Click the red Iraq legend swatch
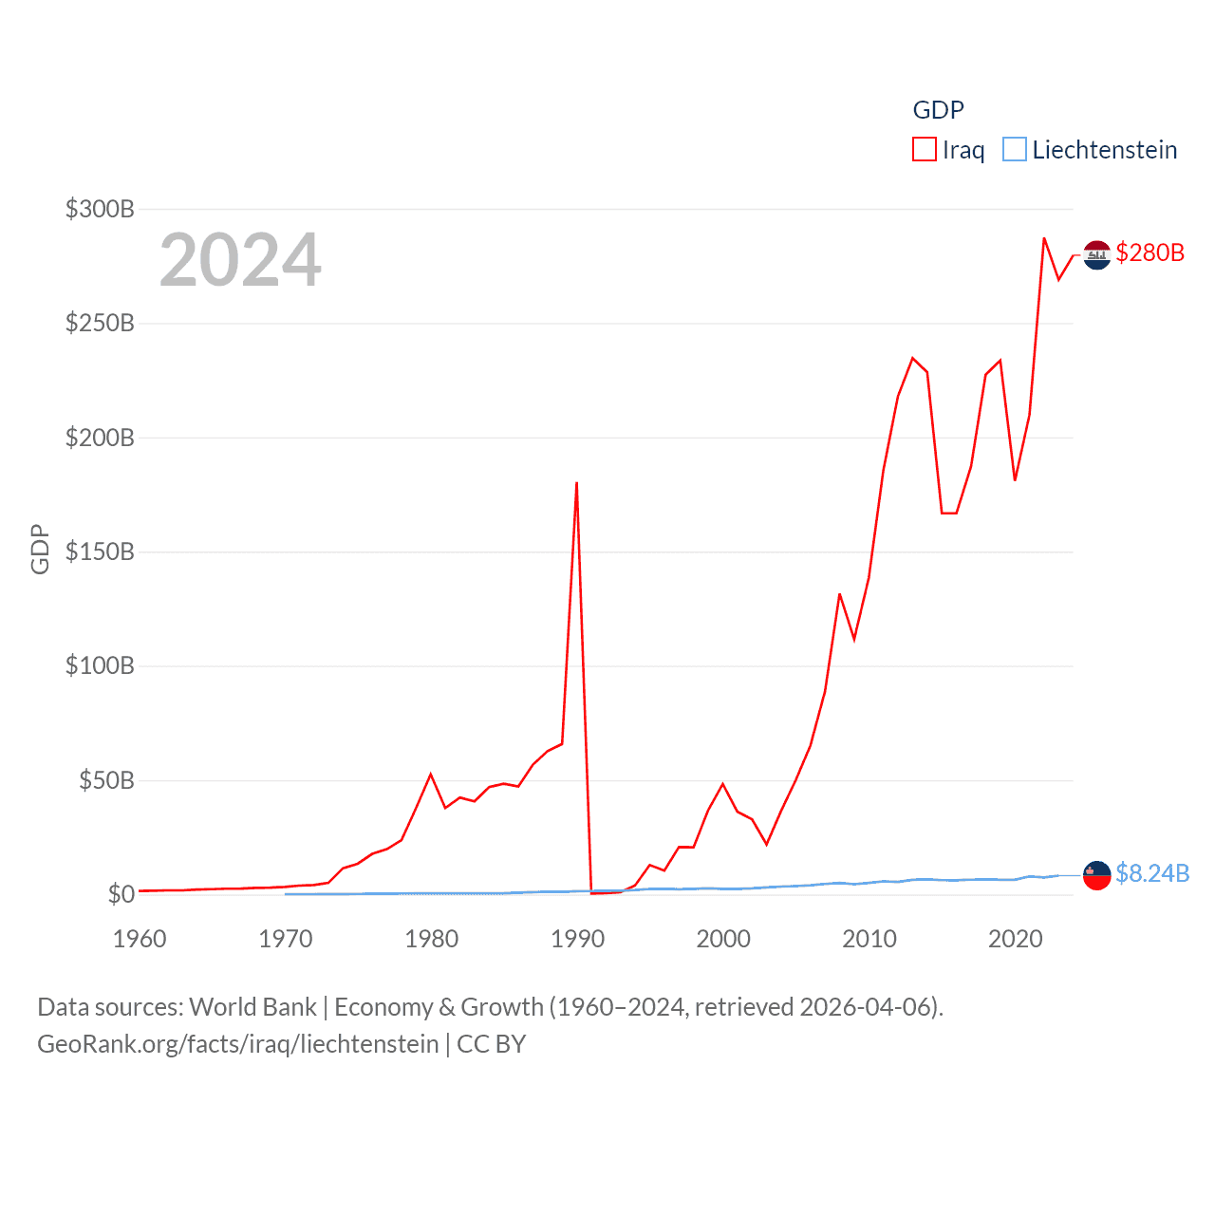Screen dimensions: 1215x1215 coord(924,150)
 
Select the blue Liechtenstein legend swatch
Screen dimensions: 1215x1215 coord(1014,150)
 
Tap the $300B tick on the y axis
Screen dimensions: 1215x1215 coord(100,209)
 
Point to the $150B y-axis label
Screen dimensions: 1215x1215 coord(100,551)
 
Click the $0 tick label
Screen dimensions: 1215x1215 coord(121,894)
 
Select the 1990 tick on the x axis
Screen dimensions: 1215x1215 coord(577,939)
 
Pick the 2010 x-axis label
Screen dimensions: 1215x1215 coord(869,939)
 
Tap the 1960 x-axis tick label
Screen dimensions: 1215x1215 coord(140,939)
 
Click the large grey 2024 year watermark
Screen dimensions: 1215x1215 coord(240,260)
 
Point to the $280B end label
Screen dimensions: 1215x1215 coord(1150,252)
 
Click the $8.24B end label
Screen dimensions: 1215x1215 coord(1152,873)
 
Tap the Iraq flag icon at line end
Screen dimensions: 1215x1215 coord(1097,254)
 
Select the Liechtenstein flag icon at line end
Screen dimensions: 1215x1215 coord(1097,875)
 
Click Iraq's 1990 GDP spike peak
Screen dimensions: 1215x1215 coord(576,483)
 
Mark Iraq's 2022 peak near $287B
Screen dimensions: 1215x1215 coord(1044,238)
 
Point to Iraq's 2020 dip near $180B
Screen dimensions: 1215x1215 coord(1015,480)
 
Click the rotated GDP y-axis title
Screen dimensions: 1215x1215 coord(40,549)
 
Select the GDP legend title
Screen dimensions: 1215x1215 coord(938,110)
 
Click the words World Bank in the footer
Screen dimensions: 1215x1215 coord(253,1006)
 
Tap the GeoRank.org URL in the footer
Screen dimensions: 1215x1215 coord(238,1044)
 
